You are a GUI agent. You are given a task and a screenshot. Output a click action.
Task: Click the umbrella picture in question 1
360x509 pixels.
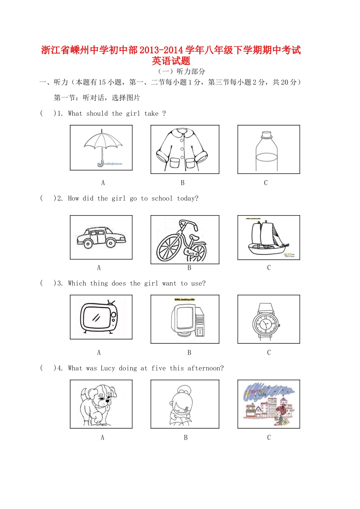(x=102, y=146)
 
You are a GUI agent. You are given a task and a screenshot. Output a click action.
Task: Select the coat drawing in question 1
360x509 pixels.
(x=182, y=149)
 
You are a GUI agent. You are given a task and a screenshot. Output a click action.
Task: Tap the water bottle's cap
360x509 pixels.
(x=266, y=135)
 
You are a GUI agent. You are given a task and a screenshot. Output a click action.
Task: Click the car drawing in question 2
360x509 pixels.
(x=101, y=238)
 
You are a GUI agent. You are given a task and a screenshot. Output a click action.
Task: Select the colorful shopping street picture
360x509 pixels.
(x=269, y=404)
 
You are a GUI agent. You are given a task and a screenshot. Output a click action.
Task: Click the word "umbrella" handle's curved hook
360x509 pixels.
(x=100, y=164)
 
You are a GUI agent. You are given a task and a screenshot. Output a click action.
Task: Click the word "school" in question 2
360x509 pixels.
(x=162, y=198)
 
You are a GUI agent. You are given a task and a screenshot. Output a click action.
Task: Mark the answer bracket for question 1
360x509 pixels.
(x=47, y=113)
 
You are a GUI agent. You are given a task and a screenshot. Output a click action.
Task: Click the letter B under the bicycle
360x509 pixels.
(x=189, y=268)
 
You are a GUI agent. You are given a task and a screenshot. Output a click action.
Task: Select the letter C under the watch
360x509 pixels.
(x=269, y=353)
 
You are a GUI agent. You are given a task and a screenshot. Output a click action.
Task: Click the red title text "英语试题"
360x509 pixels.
(x=171, y=61)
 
